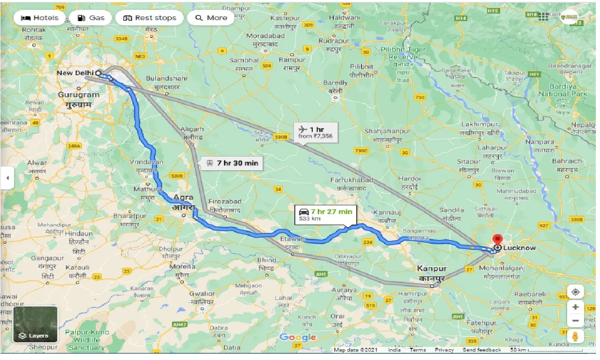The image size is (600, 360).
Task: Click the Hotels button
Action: (x=40, y=18)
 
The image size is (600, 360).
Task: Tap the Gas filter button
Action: (x=90, y=18)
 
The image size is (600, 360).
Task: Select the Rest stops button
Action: (x=149, y=18)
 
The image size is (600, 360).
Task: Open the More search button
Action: (x=211, y=18)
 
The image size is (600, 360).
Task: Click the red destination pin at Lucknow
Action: (x=497, y=239)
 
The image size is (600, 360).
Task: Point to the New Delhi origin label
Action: (x=75, y=73)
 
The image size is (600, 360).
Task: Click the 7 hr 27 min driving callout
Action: (x=325, y=214)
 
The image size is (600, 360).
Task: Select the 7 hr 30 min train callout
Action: (x=232, y=163)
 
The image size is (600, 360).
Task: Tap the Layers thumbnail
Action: (x=35, y=324)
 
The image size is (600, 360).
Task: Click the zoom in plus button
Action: (x=575, y=307)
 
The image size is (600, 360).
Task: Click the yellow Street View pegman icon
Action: (x=575, y=336)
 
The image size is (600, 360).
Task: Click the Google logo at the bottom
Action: (x=298, y=337)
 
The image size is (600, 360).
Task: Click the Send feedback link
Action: (x=481, y=350)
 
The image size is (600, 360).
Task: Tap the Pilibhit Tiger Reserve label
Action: (x=397, y=53)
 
